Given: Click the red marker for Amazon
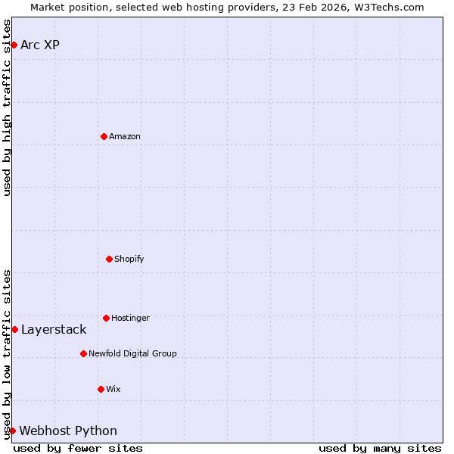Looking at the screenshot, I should (104, 136).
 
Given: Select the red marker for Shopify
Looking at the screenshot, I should (109, 259).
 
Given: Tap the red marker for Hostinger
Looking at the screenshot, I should (106, 318).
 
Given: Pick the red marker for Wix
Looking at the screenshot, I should (101, 389).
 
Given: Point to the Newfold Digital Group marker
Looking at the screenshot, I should (83, 353).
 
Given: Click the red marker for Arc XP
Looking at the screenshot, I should (14, 45).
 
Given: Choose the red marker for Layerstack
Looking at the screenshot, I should (14, 329).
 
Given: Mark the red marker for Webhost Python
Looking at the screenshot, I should (12, 431).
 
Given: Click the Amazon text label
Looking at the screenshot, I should (125, 136).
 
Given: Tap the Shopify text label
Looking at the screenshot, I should (129, 259).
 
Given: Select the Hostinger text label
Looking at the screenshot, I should (130, 318).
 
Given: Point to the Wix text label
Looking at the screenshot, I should (113, 389).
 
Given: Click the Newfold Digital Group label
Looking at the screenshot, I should (132, 353).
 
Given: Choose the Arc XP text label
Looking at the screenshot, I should (40, 45).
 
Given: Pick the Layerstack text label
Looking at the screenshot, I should (54, 329).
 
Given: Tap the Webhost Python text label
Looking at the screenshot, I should (68, 431).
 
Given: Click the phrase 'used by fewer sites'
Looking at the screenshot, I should (78, 448).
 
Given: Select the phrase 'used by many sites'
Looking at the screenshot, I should (380, 448).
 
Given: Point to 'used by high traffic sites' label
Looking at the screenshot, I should (7, 107).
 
